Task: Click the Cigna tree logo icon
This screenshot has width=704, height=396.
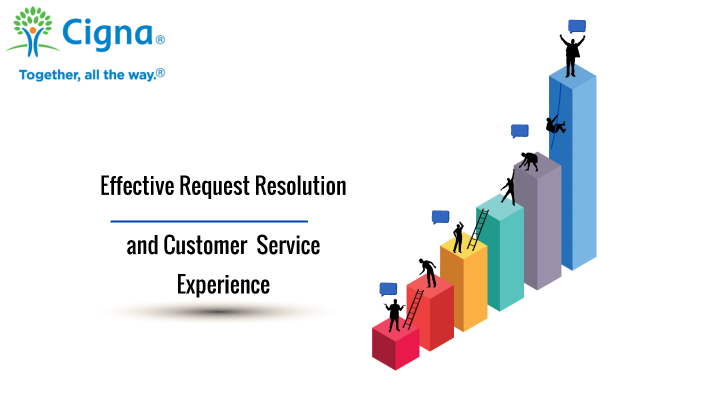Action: (33, 32)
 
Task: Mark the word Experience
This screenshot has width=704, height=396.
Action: (223, 284)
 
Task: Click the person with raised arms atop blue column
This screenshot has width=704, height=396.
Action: (572, 55)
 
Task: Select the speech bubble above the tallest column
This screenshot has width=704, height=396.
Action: (577, 26)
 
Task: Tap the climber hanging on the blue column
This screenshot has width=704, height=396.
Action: (554, 124)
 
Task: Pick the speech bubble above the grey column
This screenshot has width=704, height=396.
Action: (519, 131)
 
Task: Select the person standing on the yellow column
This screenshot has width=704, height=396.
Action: (458, 238)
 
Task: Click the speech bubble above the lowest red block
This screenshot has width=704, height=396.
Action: (388, 289)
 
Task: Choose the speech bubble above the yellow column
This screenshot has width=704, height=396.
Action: (440, 216)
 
